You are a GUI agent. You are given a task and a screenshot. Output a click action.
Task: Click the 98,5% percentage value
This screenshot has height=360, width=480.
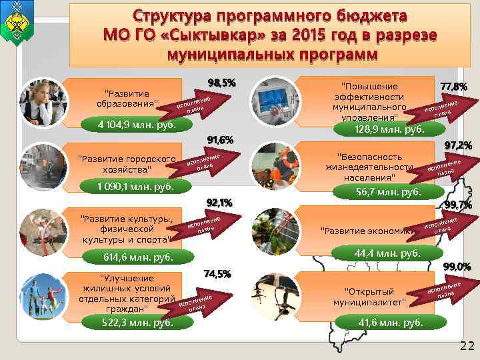click(x=221, y=83)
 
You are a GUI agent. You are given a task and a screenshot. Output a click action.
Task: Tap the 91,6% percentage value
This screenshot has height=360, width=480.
click(x=220, y=141)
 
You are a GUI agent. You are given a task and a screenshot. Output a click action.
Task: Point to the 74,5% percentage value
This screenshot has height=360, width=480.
click(x=217, y=273)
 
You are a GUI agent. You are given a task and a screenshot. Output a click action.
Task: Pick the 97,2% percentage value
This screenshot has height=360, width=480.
click(x=458, y=145)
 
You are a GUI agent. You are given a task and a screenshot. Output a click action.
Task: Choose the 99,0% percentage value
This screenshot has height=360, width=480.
click(x=457, y=267)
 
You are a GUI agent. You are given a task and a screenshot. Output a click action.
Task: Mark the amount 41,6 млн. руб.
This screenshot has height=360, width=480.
click(x=391, y=323)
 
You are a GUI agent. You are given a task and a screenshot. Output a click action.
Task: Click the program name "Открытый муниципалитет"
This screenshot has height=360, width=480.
click(x=369, y=297)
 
